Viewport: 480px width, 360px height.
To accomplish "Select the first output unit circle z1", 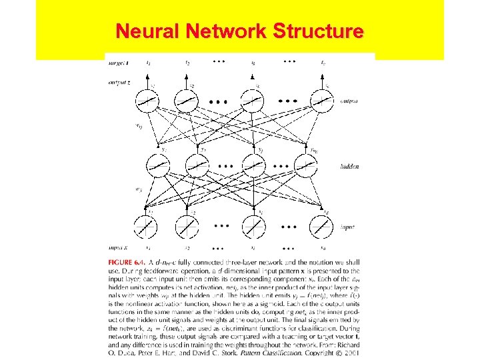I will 149,101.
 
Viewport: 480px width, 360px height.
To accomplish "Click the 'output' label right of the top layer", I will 350,101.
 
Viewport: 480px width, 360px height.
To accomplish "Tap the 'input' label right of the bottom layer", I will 348,227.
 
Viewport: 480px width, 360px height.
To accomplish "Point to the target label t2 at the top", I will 188,63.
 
